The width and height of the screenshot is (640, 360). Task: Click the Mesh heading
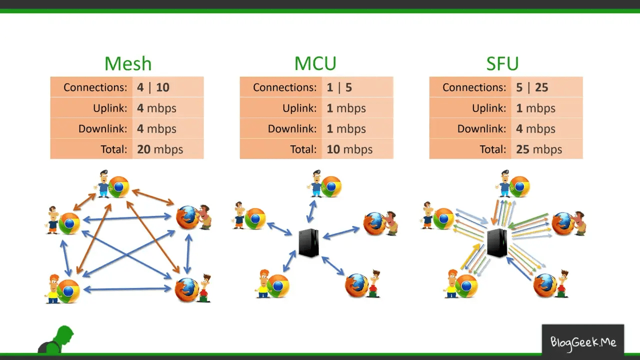[x=127, y=64]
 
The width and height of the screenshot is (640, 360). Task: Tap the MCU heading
[x=315, y=64]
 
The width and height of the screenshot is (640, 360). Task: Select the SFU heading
[x=502, y=64]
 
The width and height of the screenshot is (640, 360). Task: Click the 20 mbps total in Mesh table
[x=160, y=149]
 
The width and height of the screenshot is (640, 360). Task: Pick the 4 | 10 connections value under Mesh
[x=153, y=87]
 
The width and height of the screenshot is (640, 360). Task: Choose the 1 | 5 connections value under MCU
[x=339, y=87]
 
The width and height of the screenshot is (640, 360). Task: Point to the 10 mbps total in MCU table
[x=349, y=149]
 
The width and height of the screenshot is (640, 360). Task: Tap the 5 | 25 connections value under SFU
[x=532, y=87]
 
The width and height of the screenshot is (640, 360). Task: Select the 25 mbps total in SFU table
[x=539, y=149]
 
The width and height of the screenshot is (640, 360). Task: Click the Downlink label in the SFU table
[x=481, y=128]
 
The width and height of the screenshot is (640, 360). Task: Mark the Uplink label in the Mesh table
[x=110, y=108]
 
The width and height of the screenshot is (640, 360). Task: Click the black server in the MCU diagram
[x=308, y=242]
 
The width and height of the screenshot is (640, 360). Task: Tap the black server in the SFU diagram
[x=497, y=242]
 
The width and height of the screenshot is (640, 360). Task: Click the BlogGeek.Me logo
[x=583, y=342]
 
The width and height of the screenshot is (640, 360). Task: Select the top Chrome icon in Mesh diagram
[x=119, y=187]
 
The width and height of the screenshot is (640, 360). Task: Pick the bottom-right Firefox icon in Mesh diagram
[x=186, y=289]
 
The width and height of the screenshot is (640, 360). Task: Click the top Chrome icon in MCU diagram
[x=331, y=186]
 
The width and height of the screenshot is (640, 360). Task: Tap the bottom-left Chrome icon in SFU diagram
[x=466, y=286]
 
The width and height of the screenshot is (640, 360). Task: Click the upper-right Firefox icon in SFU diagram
[x=563, y=223]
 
